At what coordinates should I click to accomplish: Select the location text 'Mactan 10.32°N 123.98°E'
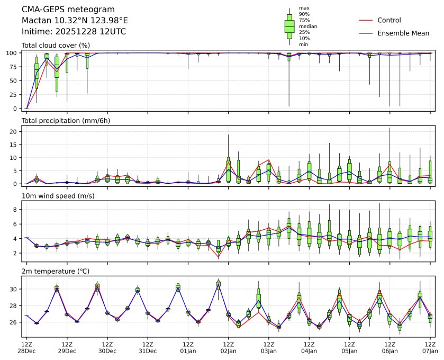tap(75, 21)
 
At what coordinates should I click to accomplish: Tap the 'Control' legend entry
tap(389, 20)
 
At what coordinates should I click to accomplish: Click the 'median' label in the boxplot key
tap(308, 26)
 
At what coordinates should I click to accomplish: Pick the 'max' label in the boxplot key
tap(304, 8)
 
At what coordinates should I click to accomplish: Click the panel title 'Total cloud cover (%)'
tap(56, 46)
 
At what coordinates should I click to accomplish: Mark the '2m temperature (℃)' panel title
tap(56, 272)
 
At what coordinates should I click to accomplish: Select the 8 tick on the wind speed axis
tap(16, 210)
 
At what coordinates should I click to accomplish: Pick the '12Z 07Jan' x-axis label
tap(430, 347)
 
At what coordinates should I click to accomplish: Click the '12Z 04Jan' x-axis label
tap(309, 347)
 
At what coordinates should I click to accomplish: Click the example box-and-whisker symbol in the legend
tap(289, 26)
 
